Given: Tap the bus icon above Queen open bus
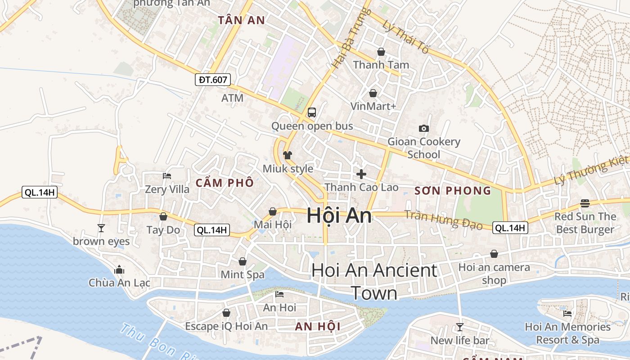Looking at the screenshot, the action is click(x=311, y=112).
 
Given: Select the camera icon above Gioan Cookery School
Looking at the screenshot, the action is click(x=423, y=129).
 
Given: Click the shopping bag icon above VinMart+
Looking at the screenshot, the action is click(x=373, y=93).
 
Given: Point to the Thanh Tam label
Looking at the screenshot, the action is click(x=381, y=65).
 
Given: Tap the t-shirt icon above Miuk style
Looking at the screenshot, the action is click(x=288, y=155).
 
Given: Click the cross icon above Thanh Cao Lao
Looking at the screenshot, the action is click(x=361, y=174).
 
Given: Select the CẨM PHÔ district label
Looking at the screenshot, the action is click(x=225, y=183).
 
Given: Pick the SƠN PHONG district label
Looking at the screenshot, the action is click(x=453, y=191).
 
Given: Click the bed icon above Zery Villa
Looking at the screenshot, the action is click(x=167, y=176).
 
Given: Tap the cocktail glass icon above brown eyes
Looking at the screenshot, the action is click(x=101, y=228).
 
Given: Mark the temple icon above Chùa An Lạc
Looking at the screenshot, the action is click(x=119, y=270).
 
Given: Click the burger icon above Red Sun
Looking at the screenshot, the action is click(x=585, y=203).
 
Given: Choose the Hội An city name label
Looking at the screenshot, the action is click(x=339, y=216).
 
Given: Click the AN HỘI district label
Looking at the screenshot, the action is click(x=317, y=327).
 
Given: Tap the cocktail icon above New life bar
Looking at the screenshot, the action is click(x=459, y=327).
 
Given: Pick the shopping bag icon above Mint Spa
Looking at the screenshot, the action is click(x=243, y=261).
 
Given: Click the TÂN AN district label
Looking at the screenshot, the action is click(x=241, y=20).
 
